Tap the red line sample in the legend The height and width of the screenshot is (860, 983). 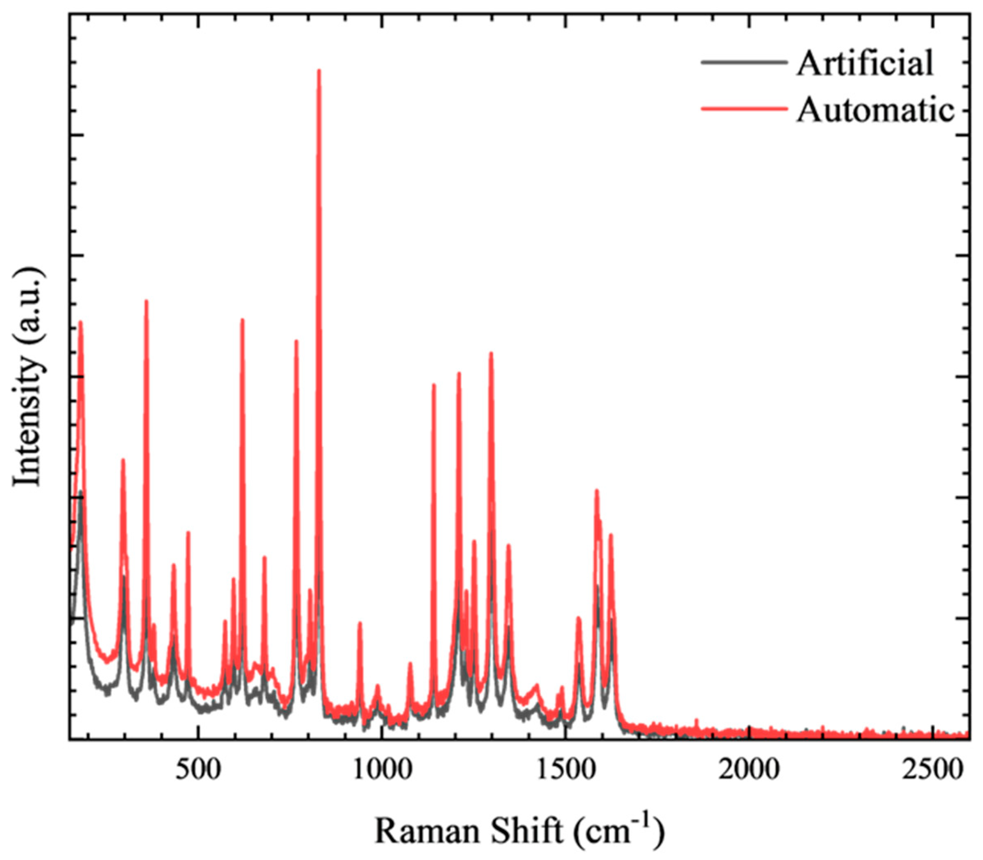pos(744,109)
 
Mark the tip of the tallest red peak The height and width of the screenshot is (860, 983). pos(319,70)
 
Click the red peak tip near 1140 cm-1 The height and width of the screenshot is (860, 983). pos(434,385)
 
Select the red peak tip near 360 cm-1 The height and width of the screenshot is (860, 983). pos(146,301)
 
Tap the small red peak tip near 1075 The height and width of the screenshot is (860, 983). pos(410,664)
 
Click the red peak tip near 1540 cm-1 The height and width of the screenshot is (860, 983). pos(579,618)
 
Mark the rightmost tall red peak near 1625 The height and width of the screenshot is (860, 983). pos(611,535)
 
